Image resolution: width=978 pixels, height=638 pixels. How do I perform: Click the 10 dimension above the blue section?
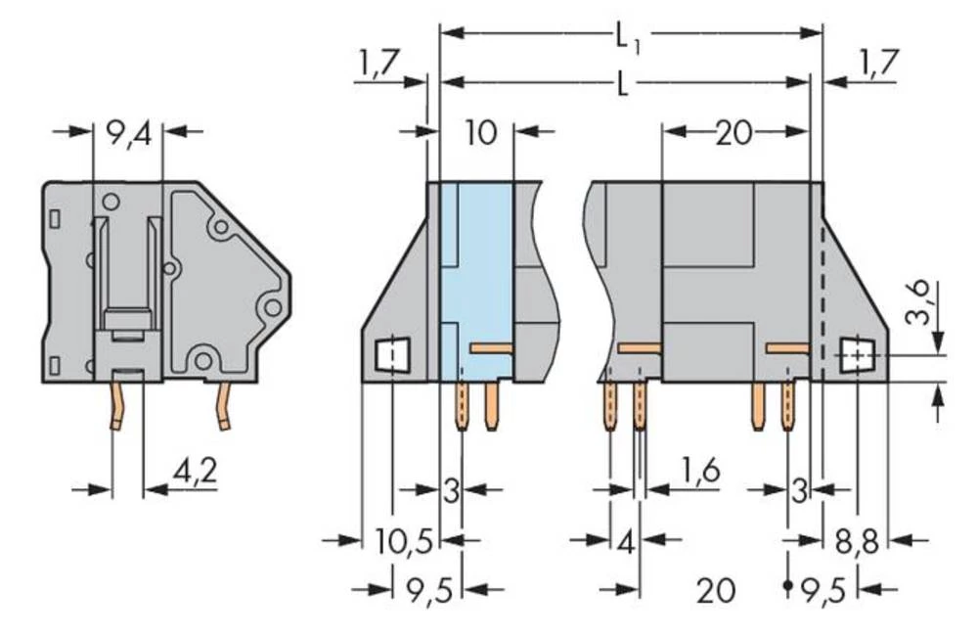coord(480,132)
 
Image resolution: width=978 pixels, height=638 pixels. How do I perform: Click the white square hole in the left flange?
coord(392,354)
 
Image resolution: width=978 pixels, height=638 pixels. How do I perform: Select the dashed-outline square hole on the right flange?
coord(857,354)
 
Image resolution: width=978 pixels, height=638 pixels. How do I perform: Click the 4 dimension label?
coord(625,539)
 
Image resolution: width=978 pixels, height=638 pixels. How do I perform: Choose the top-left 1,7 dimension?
coord(377,66)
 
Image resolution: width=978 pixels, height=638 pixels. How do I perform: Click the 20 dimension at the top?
coord(733,132)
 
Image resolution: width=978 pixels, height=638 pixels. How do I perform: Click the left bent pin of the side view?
coord(117,407)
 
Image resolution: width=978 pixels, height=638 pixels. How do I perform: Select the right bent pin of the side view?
coord(224,406)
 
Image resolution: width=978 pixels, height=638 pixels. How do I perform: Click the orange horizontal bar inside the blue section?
coord(491,347)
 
